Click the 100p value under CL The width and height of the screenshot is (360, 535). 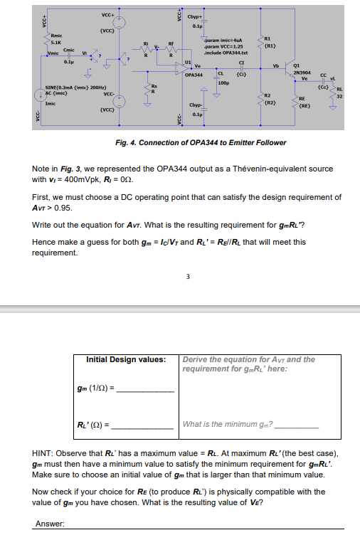click(223, 83)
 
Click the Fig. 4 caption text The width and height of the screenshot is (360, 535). click(201, 142)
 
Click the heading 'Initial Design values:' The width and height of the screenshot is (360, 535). click(126, 360)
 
